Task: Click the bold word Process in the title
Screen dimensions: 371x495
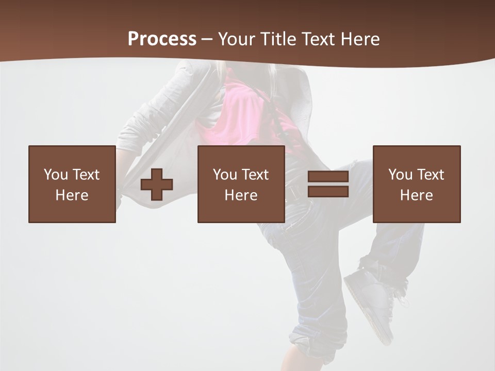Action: [x=162, y=39]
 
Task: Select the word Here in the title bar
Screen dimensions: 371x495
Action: [x=360, y=39]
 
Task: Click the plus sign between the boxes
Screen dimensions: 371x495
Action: [x=157, y=184]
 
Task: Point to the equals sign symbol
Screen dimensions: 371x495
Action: [x=328, y=184]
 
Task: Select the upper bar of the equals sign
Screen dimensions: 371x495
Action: [x=328, y=177]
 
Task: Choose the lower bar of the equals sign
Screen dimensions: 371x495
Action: [x=328, y=192]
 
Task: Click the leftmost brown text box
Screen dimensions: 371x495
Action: [x=72, y=184]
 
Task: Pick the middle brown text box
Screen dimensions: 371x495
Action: [x=241, y=184]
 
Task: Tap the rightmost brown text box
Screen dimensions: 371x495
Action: [x=417, y=184]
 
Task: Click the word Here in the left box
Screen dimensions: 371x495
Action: [x=72, y=195]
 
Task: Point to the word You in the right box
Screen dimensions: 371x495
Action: [x=401, y=175]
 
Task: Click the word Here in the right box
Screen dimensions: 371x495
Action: [x=417, y=195]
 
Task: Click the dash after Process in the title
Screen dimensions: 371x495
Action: [x=207, y=39]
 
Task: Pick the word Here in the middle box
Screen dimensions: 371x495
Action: [x=241, y=195]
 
